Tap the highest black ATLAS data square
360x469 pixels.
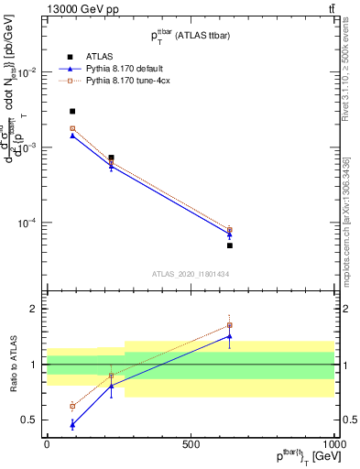pyautogui.click(x=72, y=111)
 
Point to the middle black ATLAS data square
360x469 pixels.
pyautogui.click(x=111, y=158)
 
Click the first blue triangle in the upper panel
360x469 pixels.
pyautogui.click(x=72, y=136)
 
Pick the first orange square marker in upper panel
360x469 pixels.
pyautogui.click(x=72, y=128)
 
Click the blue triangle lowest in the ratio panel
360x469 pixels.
pyautogui.click(x=72, y=424)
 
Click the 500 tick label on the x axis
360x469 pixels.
pyautogui.click(x=191, y=443)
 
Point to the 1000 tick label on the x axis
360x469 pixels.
pyautogui.click(x=334, y=443)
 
